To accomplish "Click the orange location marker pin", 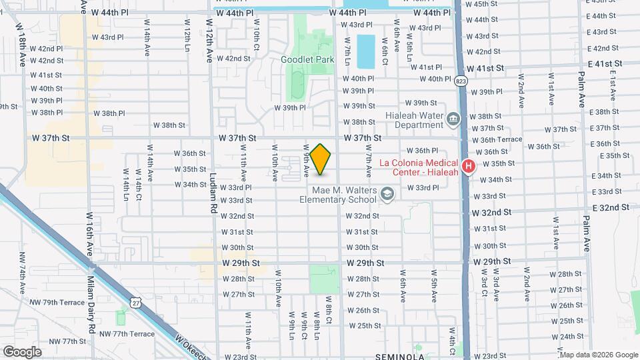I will pyautogui.click(x=321, y=159).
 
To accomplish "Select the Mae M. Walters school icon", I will pyautogui.click(x=387, y=193).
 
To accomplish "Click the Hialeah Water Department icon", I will pyautogui.click(x=453, y=119).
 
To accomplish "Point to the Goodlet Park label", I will pyautogui.click(x=307, y=59).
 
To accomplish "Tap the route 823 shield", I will pyautogui.click(x=461, y=81).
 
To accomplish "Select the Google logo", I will pyautogui.click(x=22, y=351).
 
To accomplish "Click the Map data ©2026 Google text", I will pyautogui.click(x=595, y=355).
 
